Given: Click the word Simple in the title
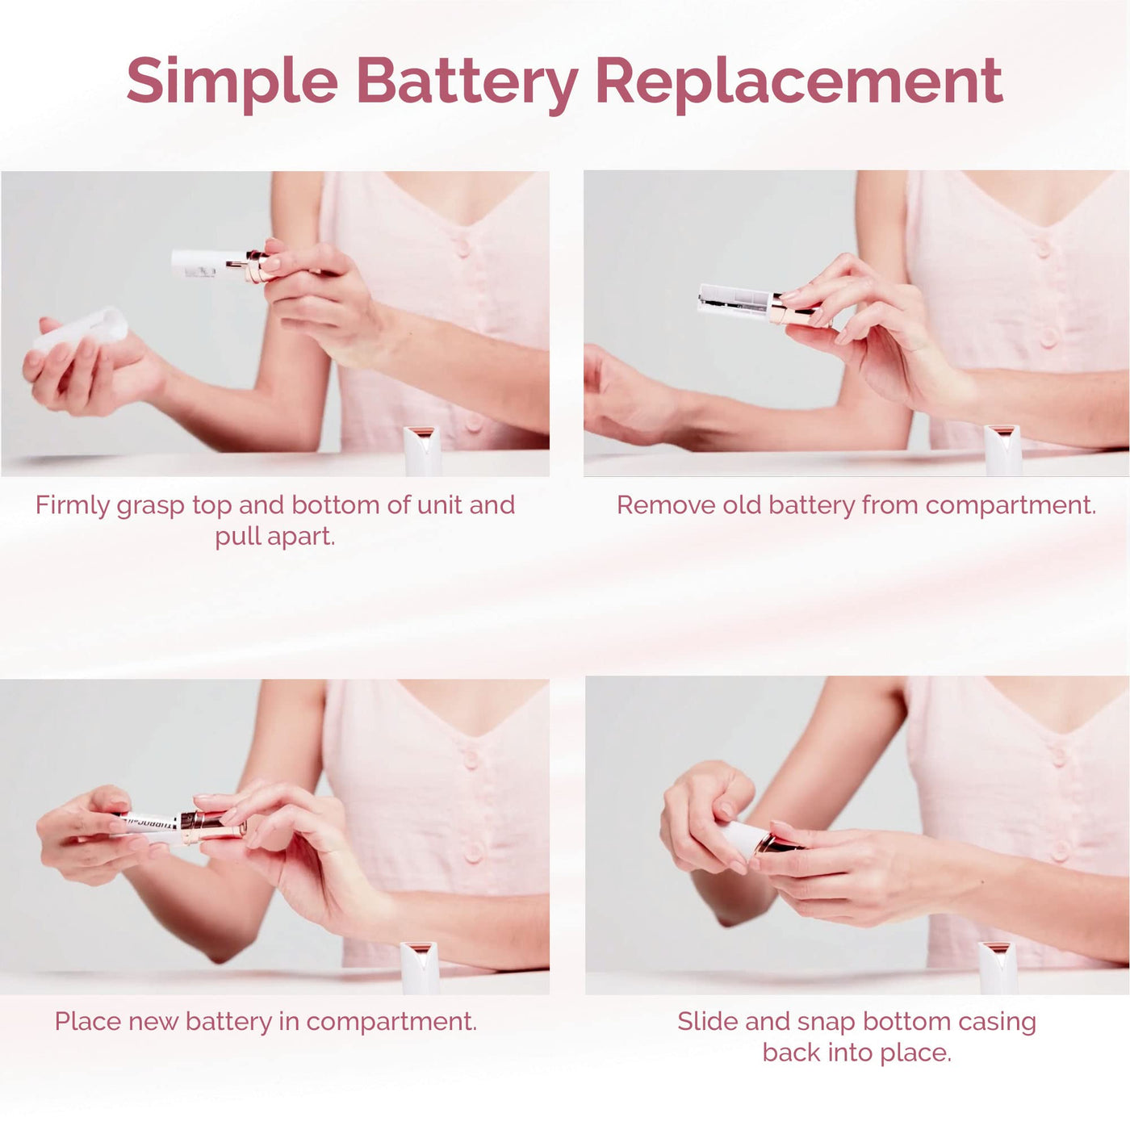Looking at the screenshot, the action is [232, 83].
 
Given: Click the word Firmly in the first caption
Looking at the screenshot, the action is [72, 505].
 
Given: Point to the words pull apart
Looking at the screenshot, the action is [275, 537].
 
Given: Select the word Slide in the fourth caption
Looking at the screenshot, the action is [707, 1021].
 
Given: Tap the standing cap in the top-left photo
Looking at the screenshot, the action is [421, 450].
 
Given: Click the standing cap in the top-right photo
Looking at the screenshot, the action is [1002, 450].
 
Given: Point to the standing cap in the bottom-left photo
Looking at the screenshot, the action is [419, 968].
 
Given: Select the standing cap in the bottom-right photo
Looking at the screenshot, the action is [998, 968].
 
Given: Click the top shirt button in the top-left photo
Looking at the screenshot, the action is [462, 248].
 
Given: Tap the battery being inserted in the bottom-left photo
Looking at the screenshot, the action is [148, 822].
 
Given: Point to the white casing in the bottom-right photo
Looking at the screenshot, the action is [740, 839].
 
